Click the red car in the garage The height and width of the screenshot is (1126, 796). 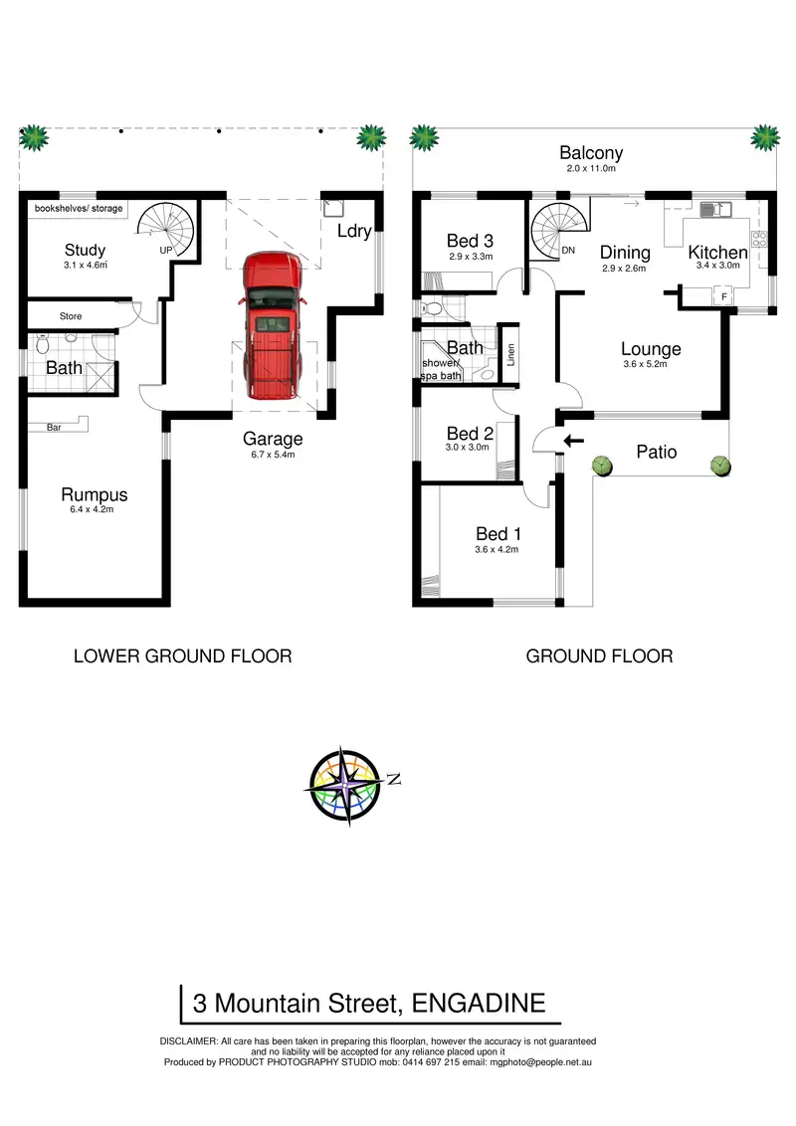click(271, 324)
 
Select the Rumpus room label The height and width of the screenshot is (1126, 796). click(95, 494)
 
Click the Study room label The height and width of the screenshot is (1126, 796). click(85, 250)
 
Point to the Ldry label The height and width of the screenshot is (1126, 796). click(353, 231)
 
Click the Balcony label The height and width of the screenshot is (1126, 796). click(591, 153)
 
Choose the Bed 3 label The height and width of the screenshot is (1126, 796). click(470, 241)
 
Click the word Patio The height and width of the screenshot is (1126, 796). click(656, 452)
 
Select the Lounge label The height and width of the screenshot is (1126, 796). click(651, 349)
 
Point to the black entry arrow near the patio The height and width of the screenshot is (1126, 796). click(573, 441)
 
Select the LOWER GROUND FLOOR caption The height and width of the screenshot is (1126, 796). click(183, 656)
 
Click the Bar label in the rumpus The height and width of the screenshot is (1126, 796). click(57, 428)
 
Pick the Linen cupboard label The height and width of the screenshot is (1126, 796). click(509, 355)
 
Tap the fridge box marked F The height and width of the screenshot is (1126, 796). click(723, 295)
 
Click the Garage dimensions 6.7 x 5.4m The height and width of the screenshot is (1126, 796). click(272, 455)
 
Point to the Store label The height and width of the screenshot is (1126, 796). click(71, 316)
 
